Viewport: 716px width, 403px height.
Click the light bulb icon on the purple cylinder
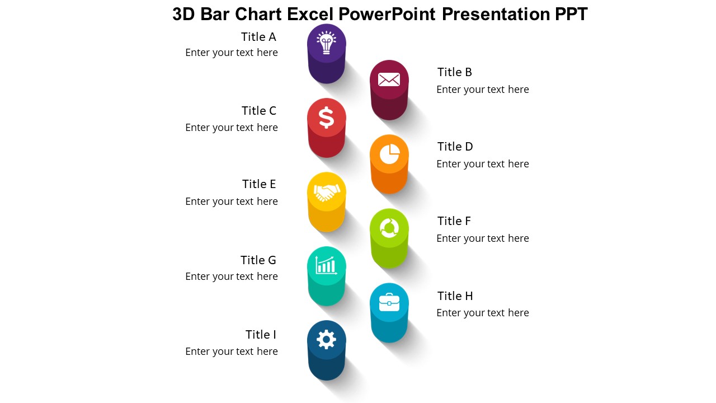327,43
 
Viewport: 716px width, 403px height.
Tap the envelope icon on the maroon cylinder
389,79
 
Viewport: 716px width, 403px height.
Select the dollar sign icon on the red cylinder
327,118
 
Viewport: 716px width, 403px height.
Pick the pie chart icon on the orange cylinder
389,154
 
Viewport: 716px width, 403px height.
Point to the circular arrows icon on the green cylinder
389,228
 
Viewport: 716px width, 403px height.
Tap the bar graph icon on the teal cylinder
327,265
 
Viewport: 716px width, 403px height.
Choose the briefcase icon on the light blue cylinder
389,302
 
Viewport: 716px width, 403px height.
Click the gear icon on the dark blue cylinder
327,339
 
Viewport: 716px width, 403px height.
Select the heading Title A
258,37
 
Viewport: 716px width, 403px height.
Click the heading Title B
455,72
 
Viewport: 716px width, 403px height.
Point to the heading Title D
455,147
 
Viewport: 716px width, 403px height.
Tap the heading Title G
258,260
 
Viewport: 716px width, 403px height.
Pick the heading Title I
261,335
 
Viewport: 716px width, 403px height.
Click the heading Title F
454,221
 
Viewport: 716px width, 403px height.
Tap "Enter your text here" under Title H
483,313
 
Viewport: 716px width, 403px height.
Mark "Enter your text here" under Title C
232,128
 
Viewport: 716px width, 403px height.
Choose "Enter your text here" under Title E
232,201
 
